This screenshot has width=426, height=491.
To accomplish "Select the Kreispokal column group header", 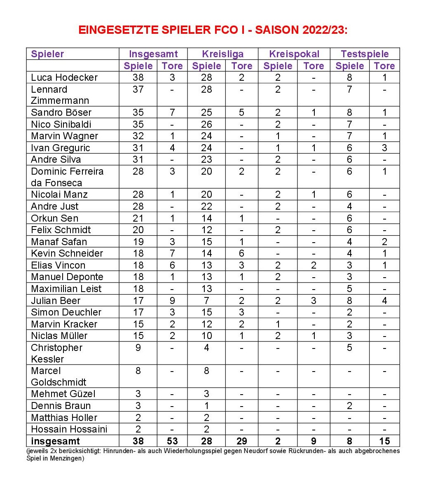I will click(294, 54).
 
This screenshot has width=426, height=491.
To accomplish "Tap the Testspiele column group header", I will click(365, 54).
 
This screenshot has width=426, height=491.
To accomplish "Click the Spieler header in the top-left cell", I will click(47, 54).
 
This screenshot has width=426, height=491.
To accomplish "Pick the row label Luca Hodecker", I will click(64, 77).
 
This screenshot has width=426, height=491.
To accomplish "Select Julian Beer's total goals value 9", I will click(172, 301).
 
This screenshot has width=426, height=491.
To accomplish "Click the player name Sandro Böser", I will click(61, 112).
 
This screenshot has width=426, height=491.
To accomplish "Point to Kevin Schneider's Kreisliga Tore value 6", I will click(241, 253).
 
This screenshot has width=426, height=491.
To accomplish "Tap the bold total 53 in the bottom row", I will click(172, 441).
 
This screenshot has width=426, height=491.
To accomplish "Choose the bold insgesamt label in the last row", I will click(55, 441).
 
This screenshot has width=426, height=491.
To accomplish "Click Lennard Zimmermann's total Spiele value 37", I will click(138, 89).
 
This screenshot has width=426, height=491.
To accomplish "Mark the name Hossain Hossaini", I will click(69, 429).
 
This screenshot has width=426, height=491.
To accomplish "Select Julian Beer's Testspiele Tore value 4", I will click(384, 301).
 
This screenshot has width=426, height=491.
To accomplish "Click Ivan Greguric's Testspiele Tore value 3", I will click(384, 148).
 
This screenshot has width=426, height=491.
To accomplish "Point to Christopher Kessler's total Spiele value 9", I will click(138, 348).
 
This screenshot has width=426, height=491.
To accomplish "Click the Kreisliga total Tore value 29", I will click(241, 441).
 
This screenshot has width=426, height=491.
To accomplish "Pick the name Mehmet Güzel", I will click(63, 394).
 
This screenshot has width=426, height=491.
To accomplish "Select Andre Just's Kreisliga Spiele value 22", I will click(206, 206).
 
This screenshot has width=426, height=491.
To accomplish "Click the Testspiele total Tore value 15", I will click(384, 441).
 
